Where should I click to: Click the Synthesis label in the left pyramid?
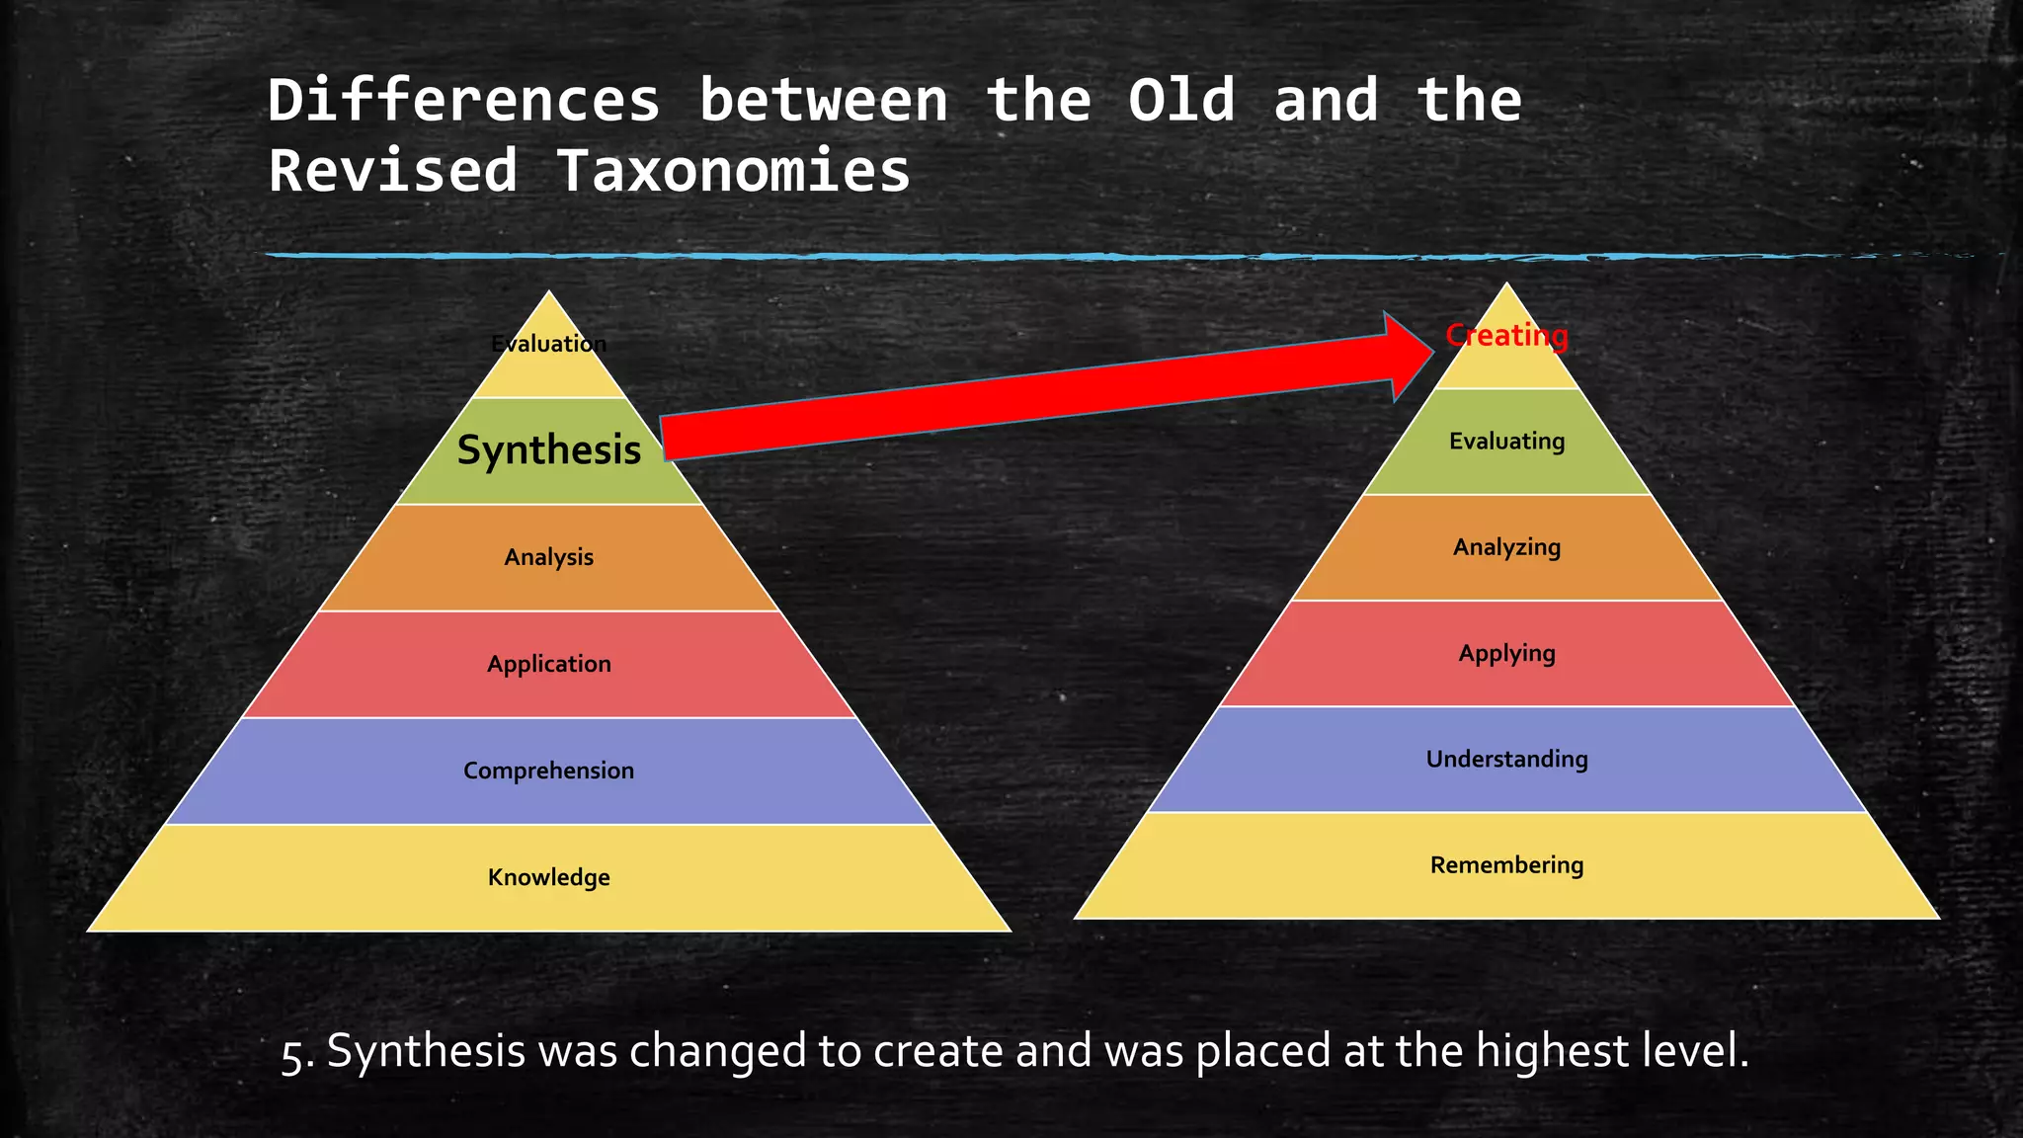pyautogui.click(x=548, y=450)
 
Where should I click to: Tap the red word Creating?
pyautogui.click(x=1505, y=336)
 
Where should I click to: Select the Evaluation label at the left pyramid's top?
pyautogui.click(x=548, y=344)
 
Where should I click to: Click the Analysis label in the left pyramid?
pyautogui.click(x=548, y=557)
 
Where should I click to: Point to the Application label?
pyautogui.click(x=548, y=664)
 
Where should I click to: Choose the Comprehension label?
pyautogui.click(x=548, y=771)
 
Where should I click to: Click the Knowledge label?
pyautogui.click(x=548, y=877)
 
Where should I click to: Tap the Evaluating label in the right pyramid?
pyautogui.click(x=1506, y=441)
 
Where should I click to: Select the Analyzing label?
pyautogui.click(x=1506, y=547)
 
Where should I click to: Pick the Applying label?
pyautogui.click(x=1506, y=653)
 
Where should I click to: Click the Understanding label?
pyautogui.click(x=1506, y=759)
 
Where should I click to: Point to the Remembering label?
pyautogui.click(x=1506, y=865)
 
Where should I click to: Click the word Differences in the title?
pyautogui.click(x=463, y=101)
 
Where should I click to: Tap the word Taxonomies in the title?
pyautogui.click(x=732, y=171)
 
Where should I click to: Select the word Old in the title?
pyautogui.click(x=1181, y=101)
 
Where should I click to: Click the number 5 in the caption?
pyautogui.click(x=291, y=1054)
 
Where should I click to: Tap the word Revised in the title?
pyautogui.click(x=393, y=171)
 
